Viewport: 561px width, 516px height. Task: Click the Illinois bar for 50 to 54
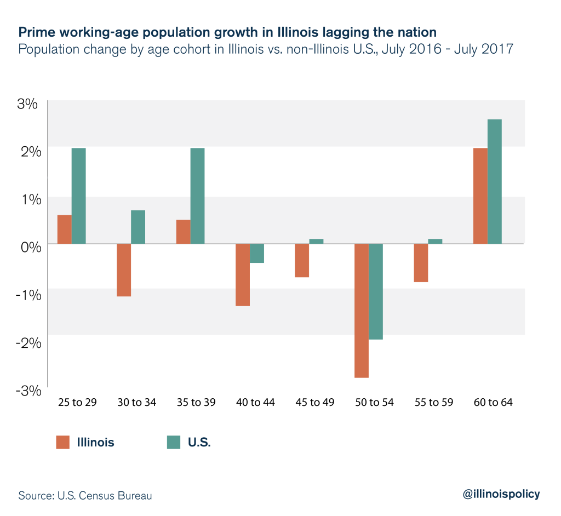[361, 311]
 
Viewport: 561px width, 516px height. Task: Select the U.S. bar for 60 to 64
[495, 181]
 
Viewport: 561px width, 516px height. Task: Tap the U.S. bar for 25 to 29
[78, 196]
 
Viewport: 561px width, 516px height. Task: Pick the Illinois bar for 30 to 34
[123, 270]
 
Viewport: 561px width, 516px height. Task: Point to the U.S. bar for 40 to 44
[257, 253]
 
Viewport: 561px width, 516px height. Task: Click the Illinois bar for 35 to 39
[183, 232]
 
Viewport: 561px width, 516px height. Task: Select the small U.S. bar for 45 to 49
[316, 241]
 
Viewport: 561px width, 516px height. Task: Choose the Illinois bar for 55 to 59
[421, 263]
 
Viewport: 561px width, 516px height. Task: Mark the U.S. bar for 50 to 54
[376, 291]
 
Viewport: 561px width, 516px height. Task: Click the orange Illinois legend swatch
[64, 442]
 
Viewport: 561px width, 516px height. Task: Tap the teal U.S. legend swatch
[174, 442]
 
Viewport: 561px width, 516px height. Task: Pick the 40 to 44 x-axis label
[256, 403]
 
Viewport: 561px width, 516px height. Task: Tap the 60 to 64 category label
[493, 403]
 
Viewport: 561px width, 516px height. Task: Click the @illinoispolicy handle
[501, 494]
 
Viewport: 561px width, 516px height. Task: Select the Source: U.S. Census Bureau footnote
[85, 496]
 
